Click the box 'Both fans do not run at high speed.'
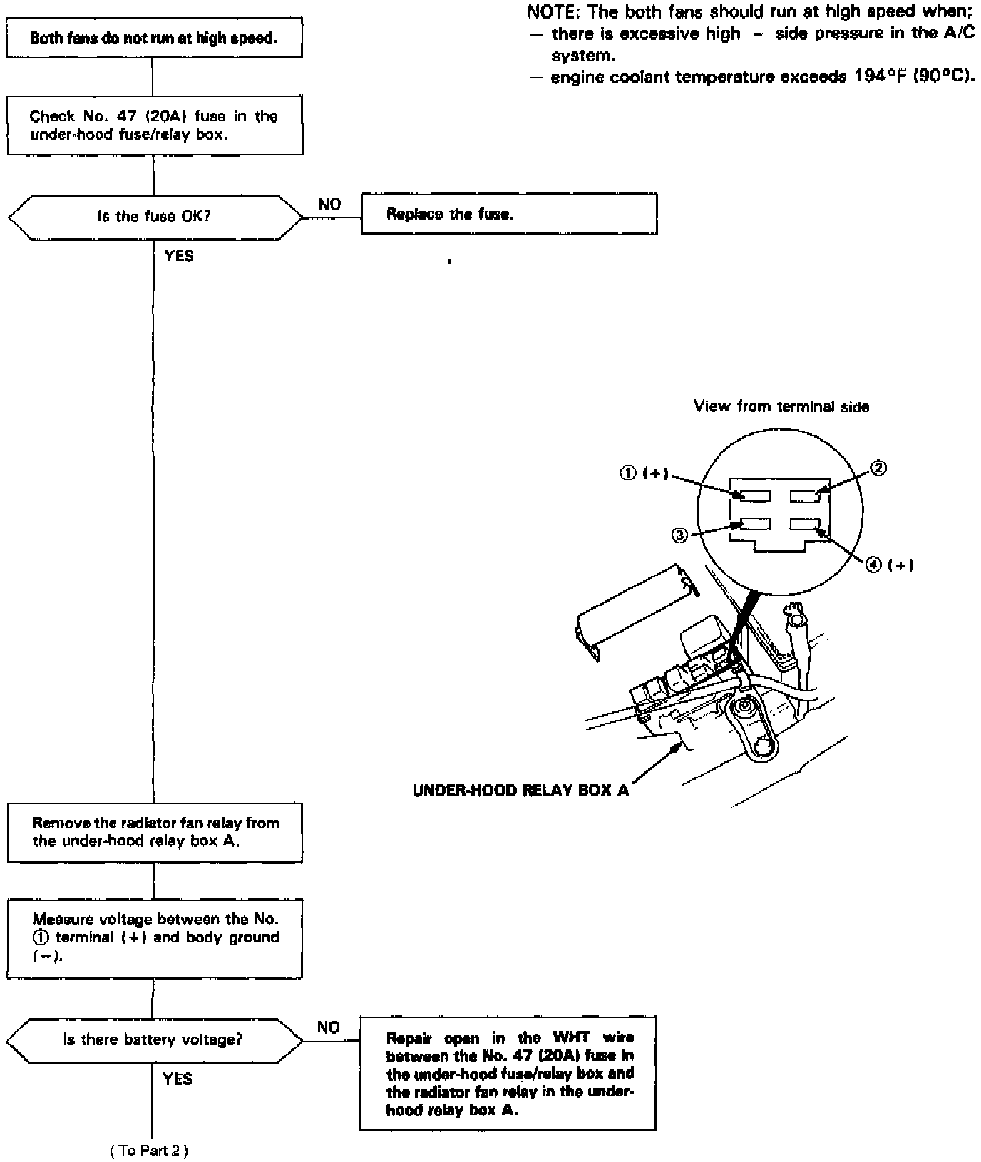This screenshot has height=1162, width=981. click(x=154, y=38)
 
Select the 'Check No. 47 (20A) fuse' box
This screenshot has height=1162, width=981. click(x=154, y=125)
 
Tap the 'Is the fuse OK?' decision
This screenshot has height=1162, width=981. click(x=154, y=216)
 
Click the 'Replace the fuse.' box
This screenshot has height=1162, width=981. click(x=508, y=214)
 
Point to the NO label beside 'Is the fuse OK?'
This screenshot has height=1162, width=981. click(x=329, y=205)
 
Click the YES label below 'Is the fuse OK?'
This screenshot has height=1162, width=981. click(x=178, y=256)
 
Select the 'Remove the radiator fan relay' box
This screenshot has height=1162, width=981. click(x=154, y=832)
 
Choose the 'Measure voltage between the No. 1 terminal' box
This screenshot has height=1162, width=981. click(x=154, y=937)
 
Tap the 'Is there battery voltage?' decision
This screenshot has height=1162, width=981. click(x=154, y=1039)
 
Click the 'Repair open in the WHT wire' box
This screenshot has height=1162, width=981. click(x=508, y=1074)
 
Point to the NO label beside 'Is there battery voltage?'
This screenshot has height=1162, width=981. click(x=328, y=1027)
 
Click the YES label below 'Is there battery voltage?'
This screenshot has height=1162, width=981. click(x=178, y=1079)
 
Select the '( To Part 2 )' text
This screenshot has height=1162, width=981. click(x=149, y=1151)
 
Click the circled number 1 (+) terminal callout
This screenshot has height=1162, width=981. click(x=644, y=473)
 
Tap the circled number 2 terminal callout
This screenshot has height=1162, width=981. click(x=879, y=468)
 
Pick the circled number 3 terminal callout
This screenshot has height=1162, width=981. click(x=680, y=535)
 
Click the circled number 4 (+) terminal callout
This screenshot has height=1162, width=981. click(x=890, y=565)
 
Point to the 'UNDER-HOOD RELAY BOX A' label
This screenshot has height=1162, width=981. click(x=520, y=791)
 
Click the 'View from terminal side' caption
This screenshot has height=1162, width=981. click(x=781, y=407)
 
